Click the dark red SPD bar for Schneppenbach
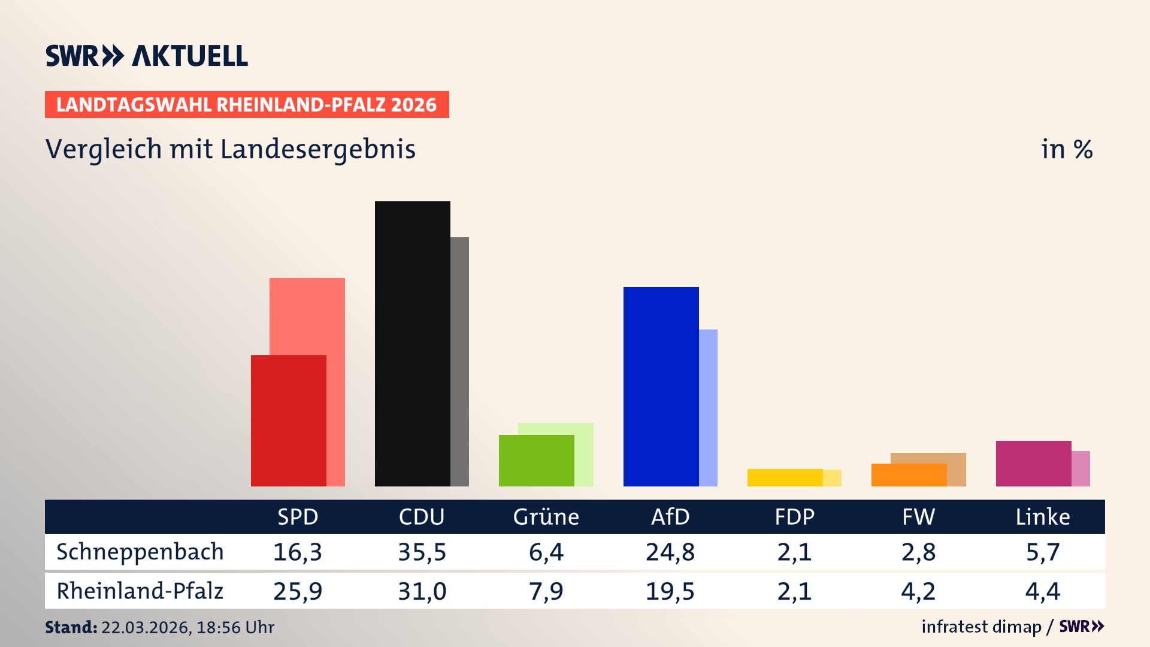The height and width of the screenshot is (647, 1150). pos(288,421)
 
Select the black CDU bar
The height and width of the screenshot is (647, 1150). pos(412,344)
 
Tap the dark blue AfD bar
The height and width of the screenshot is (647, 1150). pos(661,386)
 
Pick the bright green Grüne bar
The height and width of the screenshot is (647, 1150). pos(536,461)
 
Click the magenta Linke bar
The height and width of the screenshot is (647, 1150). pos(1033,464)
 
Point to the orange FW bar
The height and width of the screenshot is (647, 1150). pos(909,475)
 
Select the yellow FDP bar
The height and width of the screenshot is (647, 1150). pos(785,477)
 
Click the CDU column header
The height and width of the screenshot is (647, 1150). pos(422,516)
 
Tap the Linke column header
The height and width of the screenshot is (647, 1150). pos(1042,516)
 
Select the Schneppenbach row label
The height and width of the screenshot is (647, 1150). pos(140,552)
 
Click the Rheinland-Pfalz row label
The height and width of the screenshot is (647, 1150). pos(140,591)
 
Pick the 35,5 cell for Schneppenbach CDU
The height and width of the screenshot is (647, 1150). pos(422,552)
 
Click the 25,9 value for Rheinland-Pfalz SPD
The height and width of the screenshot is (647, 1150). pos(298,591)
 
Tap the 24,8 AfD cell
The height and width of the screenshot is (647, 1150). pos(670,552)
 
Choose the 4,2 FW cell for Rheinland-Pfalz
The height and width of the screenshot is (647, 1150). pos(918,591)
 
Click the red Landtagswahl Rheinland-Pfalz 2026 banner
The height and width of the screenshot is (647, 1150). pos(247,105)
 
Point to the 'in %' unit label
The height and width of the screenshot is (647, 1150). pos(1066,149)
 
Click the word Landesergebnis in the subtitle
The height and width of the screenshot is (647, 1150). pos(317,149)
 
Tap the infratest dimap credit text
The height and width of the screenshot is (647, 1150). pos(981,627)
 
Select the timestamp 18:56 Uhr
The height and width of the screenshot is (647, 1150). pos(235,627)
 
